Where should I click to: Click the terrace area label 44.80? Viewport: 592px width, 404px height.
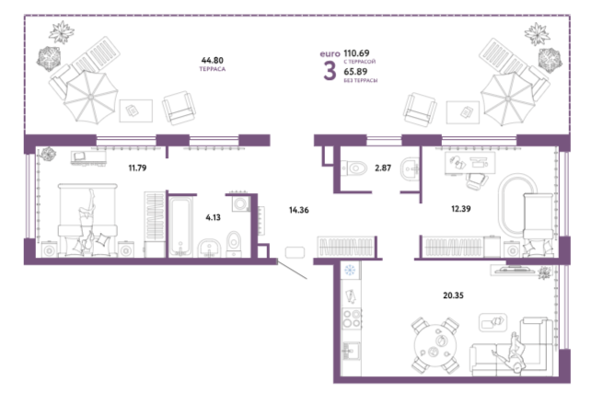click(x=212, y=61)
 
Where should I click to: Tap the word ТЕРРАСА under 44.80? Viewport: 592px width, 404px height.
click(x=212, y=69)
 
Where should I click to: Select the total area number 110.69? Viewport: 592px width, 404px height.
click(x=356, y=53)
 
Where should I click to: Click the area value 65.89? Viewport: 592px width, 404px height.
click(x=355, y=71)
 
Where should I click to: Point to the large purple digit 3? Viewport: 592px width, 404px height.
click(x=330, y=71)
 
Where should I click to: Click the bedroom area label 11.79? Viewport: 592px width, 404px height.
click(x=137, y=167)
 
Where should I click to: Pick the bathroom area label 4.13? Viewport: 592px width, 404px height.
click(x=213, y=217)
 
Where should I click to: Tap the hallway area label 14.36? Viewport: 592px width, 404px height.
click(x=299, y=210)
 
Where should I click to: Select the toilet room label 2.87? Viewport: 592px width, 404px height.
click(x=383, y=167)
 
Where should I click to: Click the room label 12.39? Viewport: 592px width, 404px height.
click(x=461, y=209)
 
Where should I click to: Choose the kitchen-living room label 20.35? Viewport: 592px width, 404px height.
click(x=453, y=295)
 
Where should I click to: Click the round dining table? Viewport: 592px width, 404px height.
click(x=435, y=345)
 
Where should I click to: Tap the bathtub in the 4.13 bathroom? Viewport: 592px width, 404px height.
click(x=180, y=226)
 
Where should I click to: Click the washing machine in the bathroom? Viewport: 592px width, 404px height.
click(x=240, y=203)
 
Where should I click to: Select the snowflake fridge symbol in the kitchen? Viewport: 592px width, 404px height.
click(x=350, y=270)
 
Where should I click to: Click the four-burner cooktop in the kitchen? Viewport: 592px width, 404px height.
click(x=352, y=318)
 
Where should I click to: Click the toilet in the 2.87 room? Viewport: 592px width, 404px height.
click(x=354, y=167)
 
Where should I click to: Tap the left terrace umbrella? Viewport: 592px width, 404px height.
click(x=90, y=98)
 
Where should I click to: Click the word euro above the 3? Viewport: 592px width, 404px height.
click(x=330, y=54)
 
